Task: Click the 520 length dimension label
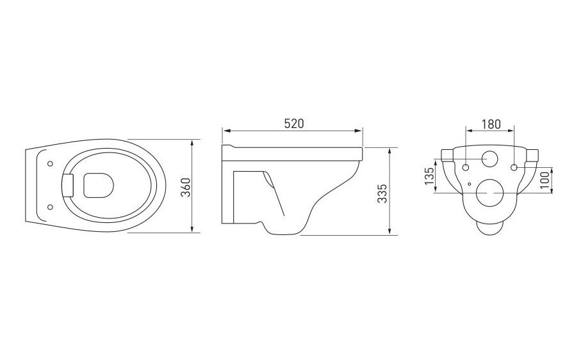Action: pyautogui.click(x=294, y=124)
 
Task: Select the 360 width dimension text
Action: pyautogui.click(x=186, y=187)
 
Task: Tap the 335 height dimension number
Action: pyautogui.click(x=382, y=193)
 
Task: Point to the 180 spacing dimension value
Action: pyautogui.click(x=491, y=124)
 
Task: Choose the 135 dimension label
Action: pyautogui.click(x=429, y=176)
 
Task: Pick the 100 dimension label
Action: pyautogui.click(x=545, y=180)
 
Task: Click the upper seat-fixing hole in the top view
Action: pyautogui.click(x=51, y=163)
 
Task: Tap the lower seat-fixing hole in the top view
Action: pyautogui.click(x=51, y=207)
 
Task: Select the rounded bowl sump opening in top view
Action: pyautogui.click(x=99, y=185)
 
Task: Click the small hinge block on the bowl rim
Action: pyautogui.click(x=69, y=186)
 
